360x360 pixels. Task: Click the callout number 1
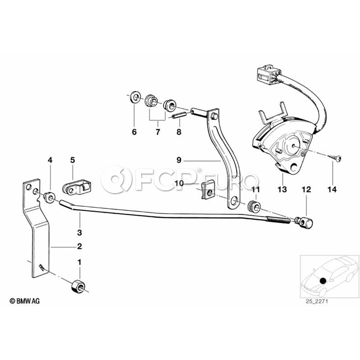point(79,262)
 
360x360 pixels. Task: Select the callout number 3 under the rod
point(79,232)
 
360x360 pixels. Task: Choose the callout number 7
point(157,132)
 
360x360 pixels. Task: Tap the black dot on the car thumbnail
point(323,280)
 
